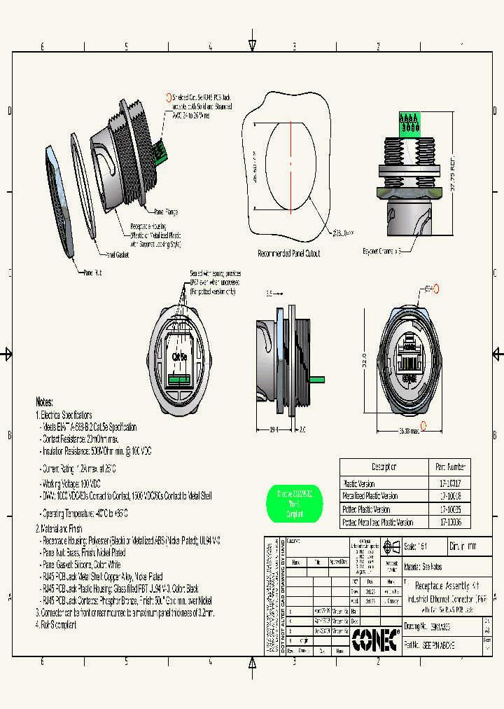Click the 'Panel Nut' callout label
point(93,272)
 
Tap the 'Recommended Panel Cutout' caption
point(289,254)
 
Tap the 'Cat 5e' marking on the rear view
point(179,356)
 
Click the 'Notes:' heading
point(45,402)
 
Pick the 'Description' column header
point(383,467)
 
